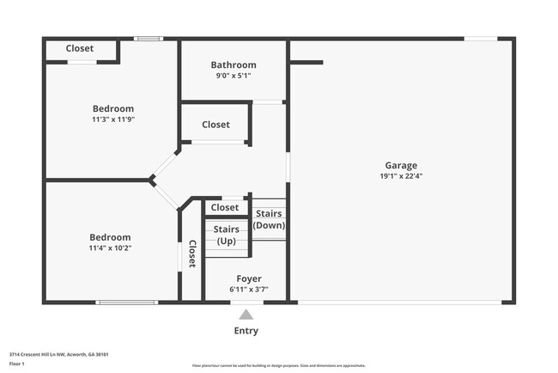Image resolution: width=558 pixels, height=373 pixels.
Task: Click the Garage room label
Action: [400, 165]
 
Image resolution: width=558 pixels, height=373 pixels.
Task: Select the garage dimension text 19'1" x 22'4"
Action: [400, 176]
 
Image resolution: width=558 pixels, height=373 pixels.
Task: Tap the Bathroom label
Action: [234, 64]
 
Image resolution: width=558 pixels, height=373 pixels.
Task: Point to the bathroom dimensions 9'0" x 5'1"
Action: [234, 76]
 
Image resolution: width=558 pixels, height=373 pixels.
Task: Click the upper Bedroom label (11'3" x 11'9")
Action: [113, 108]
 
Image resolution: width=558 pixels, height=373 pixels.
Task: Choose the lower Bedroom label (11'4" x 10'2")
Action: [110, 237]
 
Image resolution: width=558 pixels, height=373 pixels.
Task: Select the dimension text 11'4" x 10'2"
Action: [110, 248]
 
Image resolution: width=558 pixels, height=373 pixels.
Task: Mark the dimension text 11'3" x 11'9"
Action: [113, 119]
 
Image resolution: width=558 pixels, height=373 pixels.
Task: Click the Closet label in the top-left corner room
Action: [80, 49]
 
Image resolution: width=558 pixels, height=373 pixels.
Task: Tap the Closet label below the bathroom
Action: [215, 125]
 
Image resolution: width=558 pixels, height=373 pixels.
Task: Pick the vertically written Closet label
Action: [192, 254]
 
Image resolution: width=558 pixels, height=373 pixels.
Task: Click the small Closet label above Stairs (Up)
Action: [225, 208]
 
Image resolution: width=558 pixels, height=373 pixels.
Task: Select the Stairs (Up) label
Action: [226, 235]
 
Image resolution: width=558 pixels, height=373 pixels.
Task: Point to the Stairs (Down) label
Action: [269, 219]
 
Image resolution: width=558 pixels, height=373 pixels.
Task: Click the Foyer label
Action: [249, 278]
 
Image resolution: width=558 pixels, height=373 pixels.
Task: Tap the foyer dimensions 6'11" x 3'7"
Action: [249, 290]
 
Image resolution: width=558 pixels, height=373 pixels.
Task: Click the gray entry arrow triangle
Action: [246, 315]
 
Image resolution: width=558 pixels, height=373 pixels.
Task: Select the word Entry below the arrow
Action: [246, 331]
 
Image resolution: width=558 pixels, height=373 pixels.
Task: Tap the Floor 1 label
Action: [17, 364]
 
